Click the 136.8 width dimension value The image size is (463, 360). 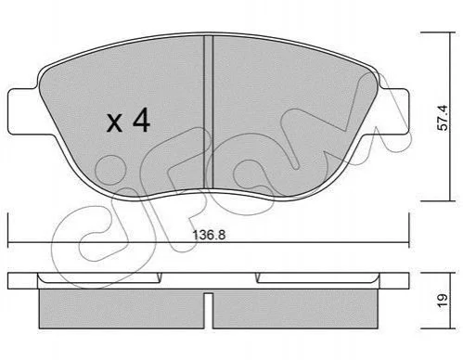209,235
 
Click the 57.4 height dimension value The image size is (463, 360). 444,118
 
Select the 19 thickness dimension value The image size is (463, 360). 443,300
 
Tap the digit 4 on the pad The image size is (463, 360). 141,120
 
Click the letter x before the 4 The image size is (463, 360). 114,122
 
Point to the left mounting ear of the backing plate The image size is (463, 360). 24,111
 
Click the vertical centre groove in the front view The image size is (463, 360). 209,112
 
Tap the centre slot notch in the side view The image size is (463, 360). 209,310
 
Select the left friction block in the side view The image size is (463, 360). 122,309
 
